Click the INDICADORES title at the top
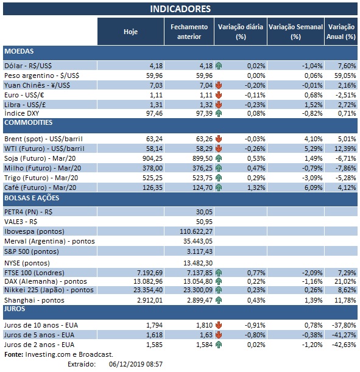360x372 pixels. (180, 9)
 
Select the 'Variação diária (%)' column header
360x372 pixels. (239, 32)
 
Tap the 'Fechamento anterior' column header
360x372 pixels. (189, 32)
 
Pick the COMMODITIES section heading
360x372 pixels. (28, 122)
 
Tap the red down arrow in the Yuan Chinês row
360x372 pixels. (219, 85)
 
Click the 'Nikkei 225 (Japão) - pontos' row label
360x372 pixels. (51, 290)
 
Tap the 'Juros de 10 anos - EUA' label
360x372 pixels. (41, 325)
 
